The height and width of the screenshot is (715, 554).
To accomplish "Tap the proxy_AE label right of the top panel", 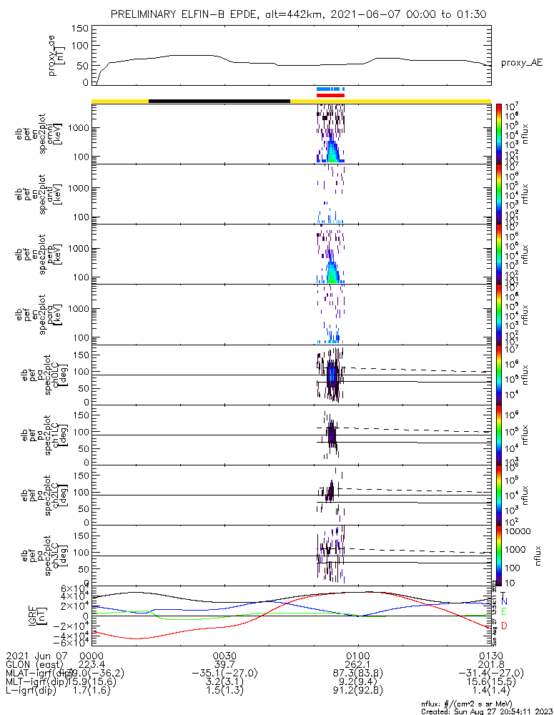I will (521, 63).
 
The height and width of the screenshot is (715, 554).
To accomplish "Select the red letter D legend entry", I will (504, 626).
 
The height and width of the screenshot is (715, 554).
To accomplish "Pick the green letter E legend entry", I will (504, 612).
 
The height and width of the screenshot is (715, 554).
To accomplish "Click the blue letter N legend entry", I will (504, 602).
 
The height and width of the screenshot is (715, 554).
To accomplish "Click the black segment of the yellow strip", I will (219, 101).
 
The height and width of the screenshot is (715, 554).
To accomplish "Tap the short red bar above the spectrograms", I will (330, 95).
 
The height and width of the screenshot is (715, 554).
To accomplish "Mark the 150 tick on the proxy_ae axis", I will (81, 29).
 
